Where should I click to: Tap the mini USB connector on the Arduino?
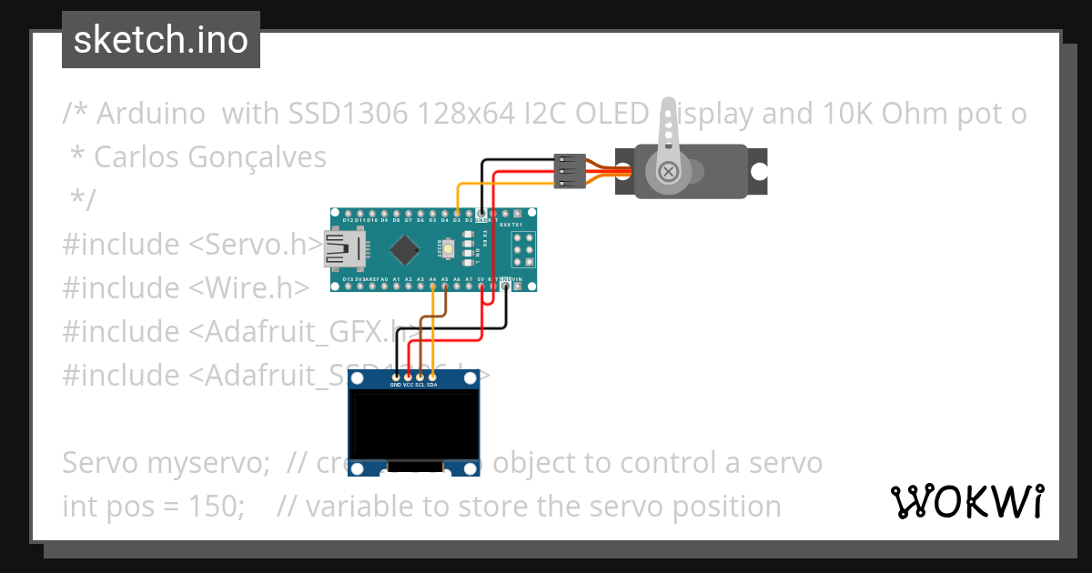(343, 249)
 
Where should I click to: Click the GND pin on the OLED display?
(396, 377)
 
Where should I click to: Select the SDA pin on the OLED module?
(431, 377)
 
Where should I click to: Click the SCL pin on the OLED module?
(420, 377)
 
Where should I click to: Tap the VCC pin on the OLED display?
(408, 377)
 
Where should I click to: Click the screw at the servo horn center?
(670, 171)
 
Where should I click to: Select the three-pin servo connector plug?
(568, 171)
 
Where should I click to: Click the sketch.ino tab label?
(161, 40)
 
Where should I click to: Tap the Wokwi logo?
(966, 501)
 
